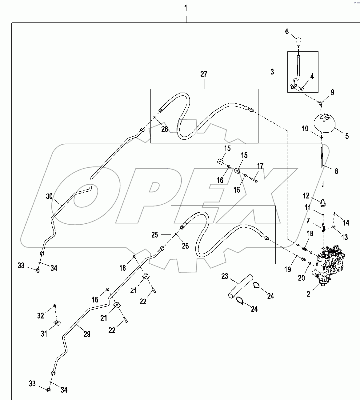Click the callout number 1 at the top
(x=186, y=8)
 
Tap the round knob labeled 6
(x=298, y=41)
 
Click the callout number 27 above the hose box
(x=204, y=74)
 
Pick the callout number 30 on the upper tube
(x=49, y=196)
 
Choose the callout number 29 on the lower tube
(x=87, y=334)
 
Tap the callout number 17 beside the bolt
(x=260, y=166)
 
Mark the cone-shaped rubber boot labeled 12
(x=323, y=204)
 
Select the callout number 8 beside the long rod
(x=336, y=171)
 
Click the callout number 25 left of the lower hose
(x=155, y=235)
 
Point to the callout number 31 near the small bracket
(x=44, y=333)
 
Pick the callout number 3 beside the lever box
(x=272, y=72)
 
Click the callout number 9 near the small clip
(x=332, y=92)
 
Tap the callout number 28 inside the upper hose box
(x=165, y=129)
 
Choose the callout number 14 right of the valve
(x=346, y=222)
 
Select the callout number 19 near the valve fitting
(x=287, y=270)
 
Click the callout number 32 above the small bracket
(x=41, y=316)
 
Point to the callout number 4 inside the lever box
(x=312, y=77)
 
